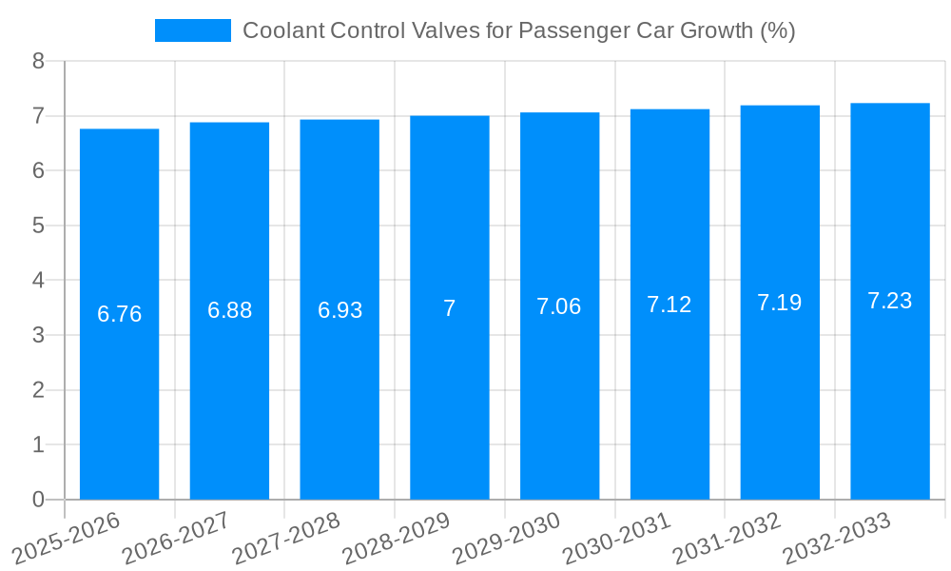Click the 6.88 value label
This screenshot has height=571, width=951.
pos(229,310)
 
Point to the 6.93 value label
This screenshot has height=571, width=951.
pos(340,310)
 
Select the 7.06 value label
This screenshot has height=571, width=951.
pos(559,306)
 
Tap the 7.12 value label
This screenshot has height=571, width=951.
pos(670,305)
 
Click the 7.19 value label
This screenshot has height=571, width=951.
pos(780,303)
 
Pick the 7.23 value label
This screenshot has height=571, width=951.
pos(890,301)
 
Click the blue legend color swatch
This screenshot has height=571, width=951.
pos(193,30)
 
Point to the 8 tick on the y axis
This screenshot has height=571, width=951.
pos(38,61)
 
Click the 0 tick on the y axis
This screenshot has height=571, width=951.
pos(38,500)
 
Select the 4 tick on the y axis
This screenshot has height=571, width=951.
pos(38,281)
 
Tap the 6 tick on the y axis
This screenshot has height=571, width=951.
pos(38,171)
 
